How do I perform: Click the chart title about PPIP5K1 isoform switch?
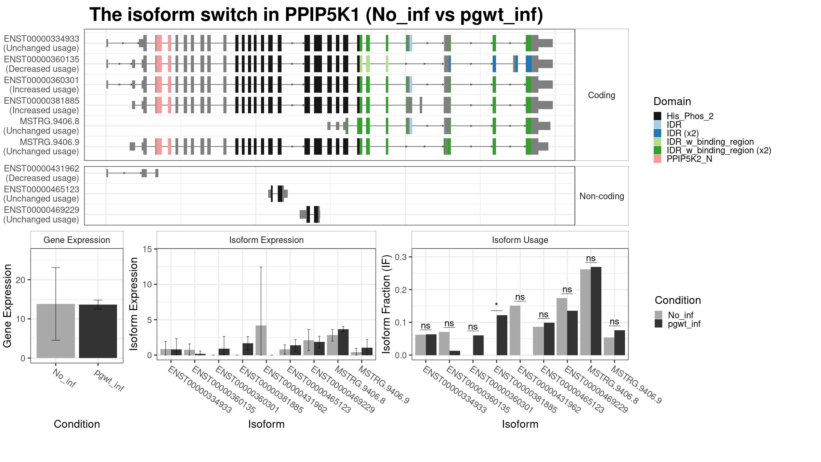[x=316, y=15]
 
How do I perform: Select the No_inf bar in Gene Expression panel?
[x=55, y=331]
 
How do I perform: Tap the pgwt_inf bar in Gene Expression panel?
[x=98, y=331]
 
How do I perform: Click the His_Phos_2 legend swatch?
[x=657, y=116]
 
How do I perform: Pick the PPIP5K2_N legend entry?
[x=689, y=159]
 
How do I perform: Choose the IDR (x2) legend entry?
[x=682, y=133]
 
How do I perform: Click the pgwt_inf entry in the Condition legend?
[x=684, y=324]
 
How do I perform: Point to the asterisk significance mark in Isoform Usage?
[x=496, y=305]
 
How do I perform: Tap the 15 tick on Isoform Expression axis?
[x=147, y=249]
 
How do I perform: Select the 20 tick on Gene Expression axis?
[x=21, y=280]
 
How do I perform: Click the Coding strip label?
[x=601, y=95]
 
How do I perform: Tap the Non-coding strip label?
[x=601, y=196]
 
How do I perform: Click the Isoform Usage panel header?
[x=520, y=240]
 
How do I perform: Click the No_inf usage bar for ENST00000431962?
[x=515, y=330]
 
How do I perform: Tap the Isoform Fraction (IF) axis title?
[x=386, y=304]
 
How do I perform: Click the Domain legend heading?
[x=672, y=102]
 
